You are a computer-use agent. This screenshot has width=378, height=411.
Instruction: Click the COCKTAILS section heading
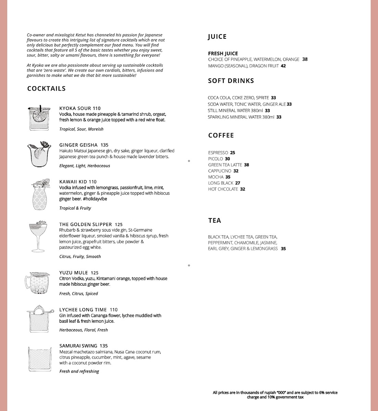[46, 89]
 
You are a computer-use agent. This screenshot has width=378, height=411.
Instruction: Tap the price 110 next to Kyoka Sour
[97, 109]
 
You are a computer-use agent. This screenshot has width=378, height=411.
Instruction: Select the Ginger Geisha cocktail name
[78, 145]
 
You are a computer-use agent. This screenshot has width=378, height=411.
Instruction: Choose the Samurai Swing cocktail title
[78, 346]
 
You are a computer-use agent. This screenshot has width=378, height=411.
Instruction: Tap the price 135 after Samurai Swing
[103, 346]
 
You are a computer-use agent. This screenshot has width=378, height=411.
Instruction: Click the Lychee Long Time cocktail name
[83, 310]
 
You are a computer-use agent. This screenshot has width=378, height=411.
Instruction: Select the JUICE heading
[217, 37]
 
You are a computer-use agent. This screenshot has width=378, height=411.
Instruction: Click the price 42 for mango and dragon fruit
[283, 66]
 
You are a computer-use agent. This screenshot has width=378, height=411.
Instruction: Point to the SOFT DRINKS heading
[231, 81]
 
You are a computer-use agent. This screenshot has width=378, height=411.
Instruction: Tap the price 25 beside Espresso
[233, 153]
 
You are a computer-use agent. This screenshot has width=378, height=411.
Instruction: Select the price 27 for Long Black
[238, 183]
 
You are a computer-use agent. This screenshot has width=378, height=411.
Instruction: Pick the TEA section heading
[215, 221]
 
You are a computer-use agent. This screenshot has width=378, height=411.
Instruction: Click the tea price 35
[283, 249]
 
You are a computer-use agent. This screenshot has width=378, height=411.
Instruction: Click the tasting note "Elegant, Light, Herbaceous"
[85, 166]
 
